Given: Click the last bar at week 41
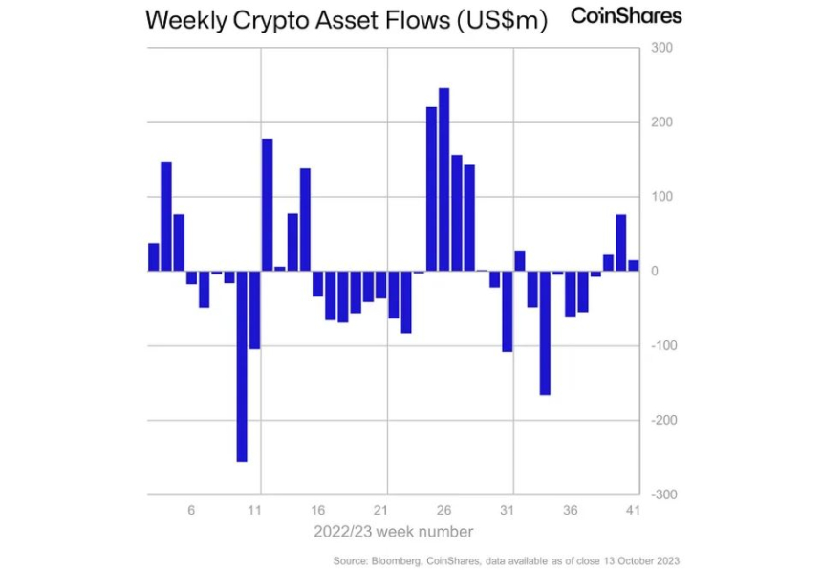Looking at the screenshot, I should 633,265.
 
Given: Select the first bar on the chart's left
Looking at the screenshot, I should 153,257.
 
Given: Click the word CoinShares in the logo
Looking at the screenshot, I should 626,15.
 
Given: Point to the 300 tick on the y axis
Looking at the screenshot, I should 662,48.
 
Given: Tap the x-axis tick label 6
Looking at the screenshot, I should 191,511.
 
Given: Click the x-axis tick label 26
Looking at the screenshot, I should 443,511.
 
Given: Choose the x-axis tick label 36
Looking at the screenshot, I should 570,511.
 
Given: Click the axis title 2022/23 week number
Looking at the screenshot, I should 393,531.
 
